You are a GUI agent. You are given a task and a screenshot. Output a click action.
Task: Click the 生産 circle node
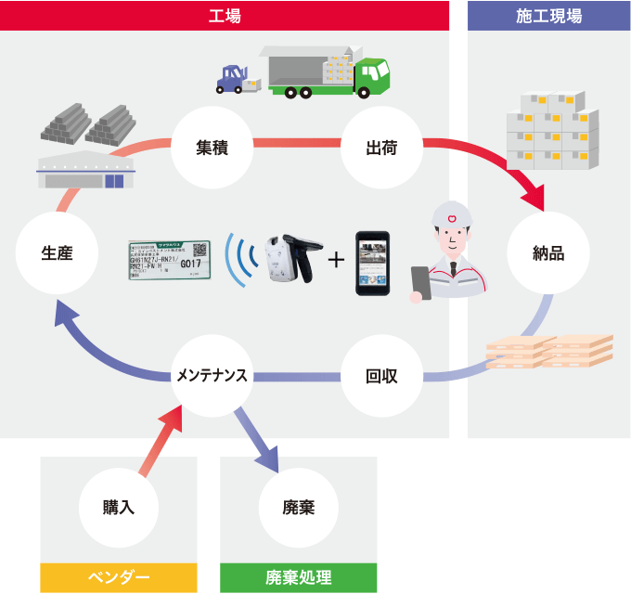click(x=57, y=252)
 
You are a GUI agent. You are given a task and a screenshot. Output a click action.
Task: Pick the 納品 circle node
click(x=547, y=252)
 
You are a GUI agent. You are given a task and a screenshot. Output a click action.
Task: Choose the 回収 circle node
click(x=382, y=376)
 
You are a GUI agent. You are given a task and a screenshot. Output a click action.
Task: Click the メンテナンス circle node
click(x=212, y=376)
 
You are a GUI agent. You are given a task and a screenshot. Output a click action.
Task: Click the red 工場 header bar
click(x=225, y=15)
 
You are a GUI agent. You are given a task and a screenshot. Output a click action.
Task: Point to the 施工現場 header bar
click(x=549, y=15)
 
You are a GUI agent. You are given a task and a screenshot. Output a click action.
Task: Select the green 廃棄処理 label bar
click(x=299, y=578)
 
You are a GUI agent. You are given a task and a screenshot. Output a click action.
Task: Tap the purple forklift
click(x=232, y=78)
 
